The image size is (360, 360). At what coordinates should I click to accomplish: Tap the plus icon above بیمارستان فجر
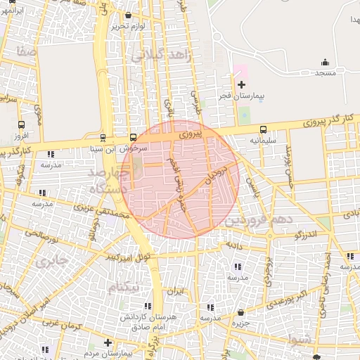point(242,84)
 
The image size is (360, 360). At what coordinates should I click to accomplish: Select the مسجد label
point(326,73)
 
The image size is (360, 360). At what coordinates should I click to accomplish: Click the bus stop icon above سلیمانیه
point(263,130)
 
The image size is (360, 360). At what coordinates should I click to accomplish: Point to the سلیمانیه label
point(264,141)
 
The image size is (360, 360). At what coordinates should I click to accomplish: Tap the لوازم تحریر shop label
point(127,26)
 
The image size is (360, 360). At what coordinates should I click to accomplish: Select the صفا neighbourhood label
point(28,52)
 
